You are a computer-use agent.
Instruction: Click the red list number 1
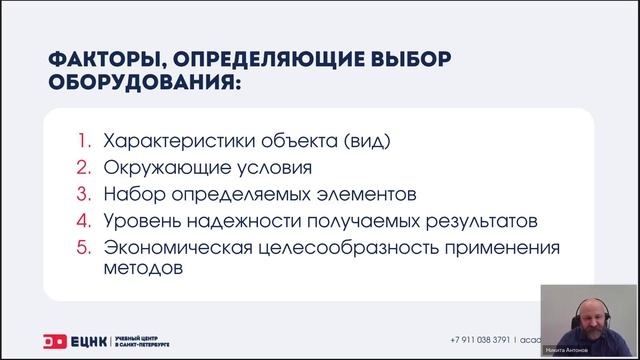click(x=84, y=141)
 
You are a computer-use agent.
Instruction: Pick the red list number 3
click(x=84, y=193)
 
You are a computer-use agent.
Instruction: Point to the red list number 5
click(x=84, y=245)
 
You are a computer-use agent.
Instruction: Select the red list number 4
click(x=84, y=219)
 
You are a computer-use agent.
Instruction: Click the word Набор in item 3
click(x=127, y=193)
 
